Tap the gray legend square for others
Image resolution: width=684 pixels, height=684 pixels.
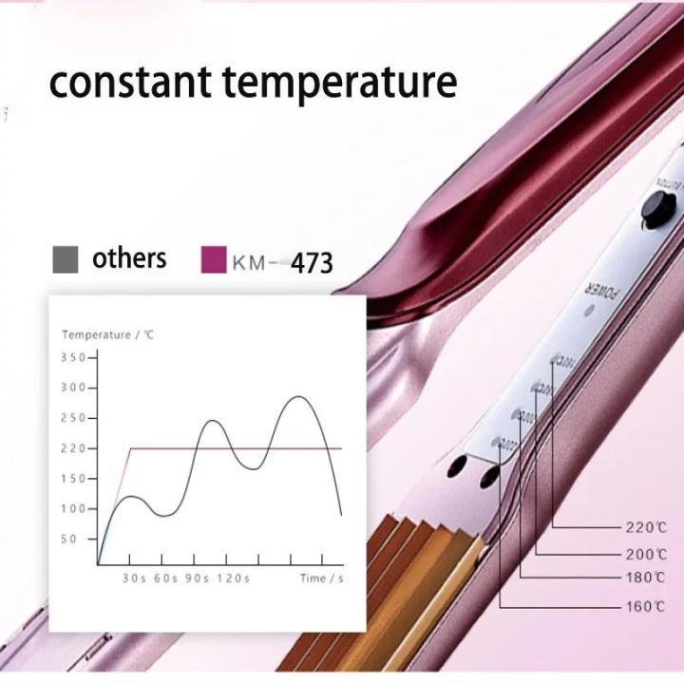(65, 259)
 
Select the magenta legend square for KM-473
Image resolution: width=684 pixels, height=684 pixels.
(214, 259)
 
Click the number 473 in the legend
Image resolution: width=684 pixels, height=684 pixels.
(312, 262)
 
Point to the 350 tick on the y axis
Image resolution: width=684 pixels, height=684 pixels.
(73, 357)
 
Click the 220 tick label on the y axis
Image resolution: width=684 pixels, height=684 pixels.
(73, 448)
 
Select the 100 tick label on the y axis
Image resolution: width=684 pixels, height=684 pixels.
(73, 508)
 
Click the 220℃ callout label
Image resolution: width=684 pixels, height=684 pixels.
(645, 526)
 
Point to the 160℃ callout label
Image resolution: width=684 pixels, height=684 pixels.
(645, 605)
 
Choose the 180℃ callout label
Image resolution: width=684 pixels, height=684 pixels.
(645, 578)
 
